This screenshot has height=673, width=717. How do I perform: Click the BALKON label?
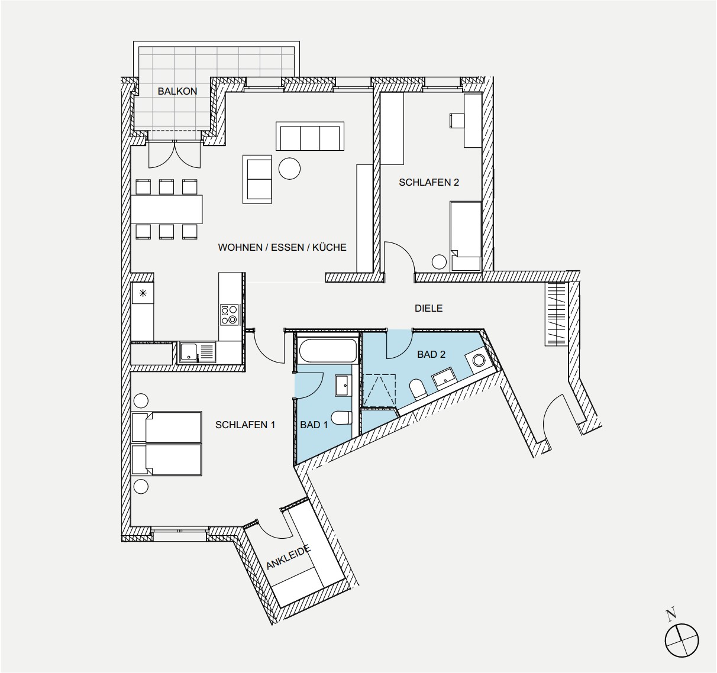click(x=177, y=91)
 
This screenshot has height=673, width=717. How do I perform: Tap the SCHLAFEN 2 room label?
click(x=429, y=182)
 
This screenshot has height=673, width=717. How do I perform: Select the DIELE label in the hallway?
click(x=428, y=308)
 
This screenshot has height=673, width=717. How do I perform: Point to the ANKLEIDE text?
click(x=289, y=558)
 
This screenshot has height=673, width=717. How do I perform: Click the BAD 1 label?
click(x=314, y=425)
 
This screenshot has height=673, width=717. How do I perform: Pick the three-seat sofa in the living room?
click(x=310, y=136)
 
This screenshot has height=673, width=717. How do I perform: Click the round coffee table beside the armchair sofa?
click(x=289, y=169)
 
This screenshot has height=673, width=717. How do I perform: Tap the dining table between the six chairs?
click(x=166, y=209)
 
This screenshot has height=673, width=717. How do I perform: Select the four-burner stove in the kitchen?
click(x=230, y=315)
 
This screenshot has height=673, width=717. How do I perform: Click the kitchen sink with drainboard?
click(x=197, y=352)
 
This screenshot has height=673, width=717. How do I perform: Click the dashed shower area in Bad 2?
click(x=379, y=391)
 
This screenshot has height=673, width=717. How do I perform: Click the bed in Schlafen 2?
click(x=466, y=236)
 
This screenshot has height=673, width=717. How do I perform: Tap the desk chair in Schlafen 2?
click(x=457, y=121)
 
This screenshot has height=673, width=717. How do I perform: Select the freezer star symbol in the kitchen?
click(x=143, y=293)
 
